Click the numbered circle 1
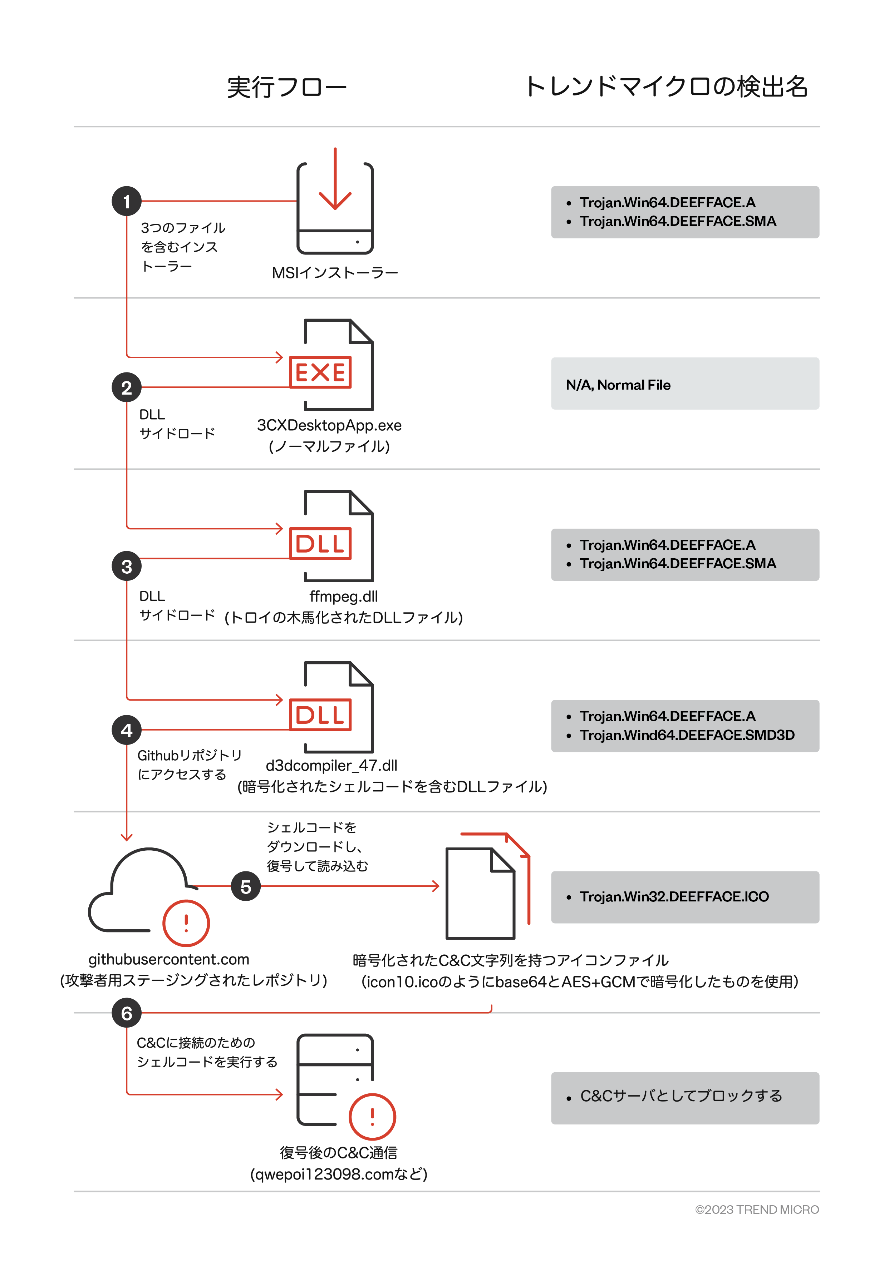pyautogui.click(x=126, y=201)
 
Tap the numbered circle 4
pyautogui.click(x=126, y=730)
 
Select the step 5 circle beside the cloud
pyautogui.click(x=245, y=886)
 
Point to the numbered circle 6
pyautogui.click(x=126, y=1013)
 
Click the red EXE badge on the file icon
pyautogui.click(x=320, y=372)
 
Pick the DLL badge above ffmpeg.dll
pyautogui.click(x=320, y=544)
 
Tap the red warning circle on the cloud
pyautogui.click(x=186, y=923)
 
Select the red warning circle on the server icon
pyautogui.click(x=372, y=1117)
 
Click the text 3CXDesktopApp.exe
pyautogui.click(x=329, y=425)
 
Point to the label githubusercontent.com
pyautogui.click(x=169, y=959)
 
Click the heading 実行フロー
pyautogui.click(x=287, y=87)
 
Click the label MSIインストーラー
pyautogui.click(x=335, y=273)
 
